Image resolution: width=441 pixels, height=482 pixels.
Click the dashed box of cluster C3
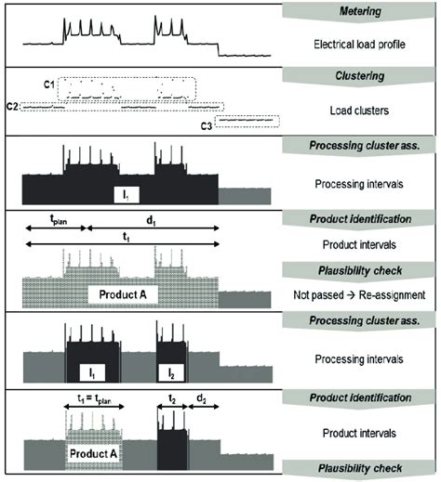coord(247,121)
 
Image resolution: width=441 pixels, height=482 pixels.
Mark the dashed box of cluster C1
coord(128,89)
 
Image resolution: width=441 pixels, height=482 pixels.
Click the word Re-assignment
coord(391,295)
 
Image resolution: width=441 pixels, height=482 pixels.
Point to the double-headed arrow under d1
coord(153,231)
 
